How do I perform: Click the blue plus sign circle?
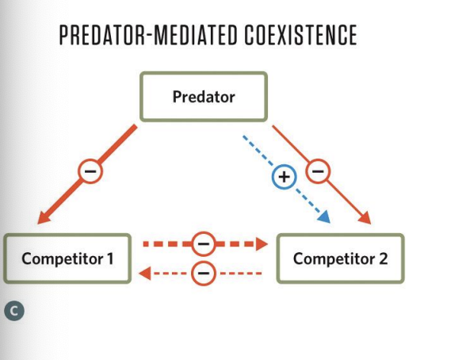(x=284, y=177)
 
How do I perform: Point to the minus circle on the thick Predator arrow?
(x=90, y=171)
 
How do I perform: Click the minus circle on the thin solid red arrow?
(x=318, y=171)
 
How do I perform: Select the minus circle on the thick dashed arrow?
(x=203, y=243)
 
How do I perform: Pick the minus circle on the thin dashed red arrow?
(x=203, y=273)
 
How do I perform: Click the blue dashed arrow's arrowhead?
(x=325, y=217)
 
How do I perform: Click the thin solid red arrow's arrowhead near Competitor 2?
(x=365, y=218)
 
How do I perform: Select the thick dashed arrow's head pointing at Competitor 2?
(x=262, y=244)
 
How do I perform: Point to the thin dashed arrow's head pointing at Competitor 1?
(x=145, y=274)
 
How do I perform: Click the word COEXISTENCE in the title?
(x=301, y=35)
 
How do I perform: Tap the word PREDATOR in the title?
(x=102, y=35)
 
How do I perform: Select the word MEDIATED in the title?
(x=196, y=35)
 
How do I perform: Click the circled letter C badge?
(x=14, y=311)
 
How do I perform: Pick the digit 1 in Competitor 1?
(x=110, y=259)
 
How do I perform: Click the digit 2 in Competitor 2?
(x=384, y=259)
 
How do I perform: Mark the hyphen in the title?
(x=149, y=36)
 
